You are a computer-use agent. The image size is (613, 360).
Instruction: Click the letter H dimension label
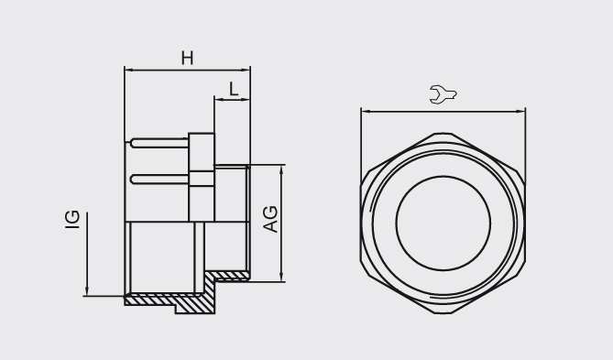(187, 59)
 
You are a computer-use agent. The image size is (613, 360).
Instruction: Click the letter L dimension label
(234, 89)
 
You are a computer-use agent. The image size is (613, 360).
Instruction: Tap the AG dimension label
(271, 219)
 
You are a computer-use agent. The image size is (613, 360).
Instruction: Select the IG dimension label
(72, 219)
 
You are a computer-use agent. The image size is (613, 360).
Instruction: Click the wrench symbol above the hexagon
(443, 94)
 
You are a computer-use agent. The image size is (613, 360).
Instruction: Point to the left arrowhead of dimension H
(128, 71)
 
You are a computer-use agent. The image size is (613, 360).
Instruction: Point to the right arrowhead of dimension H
(246, 71)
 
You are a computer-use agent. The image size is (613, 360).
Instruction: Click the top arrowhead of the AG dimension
(282, 169)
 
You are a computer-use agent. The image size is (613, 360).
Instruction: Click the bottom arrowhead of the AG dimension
(282, 277)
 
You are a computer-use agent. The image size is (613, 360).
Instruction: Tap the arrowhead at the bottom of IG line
(87, 291)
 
